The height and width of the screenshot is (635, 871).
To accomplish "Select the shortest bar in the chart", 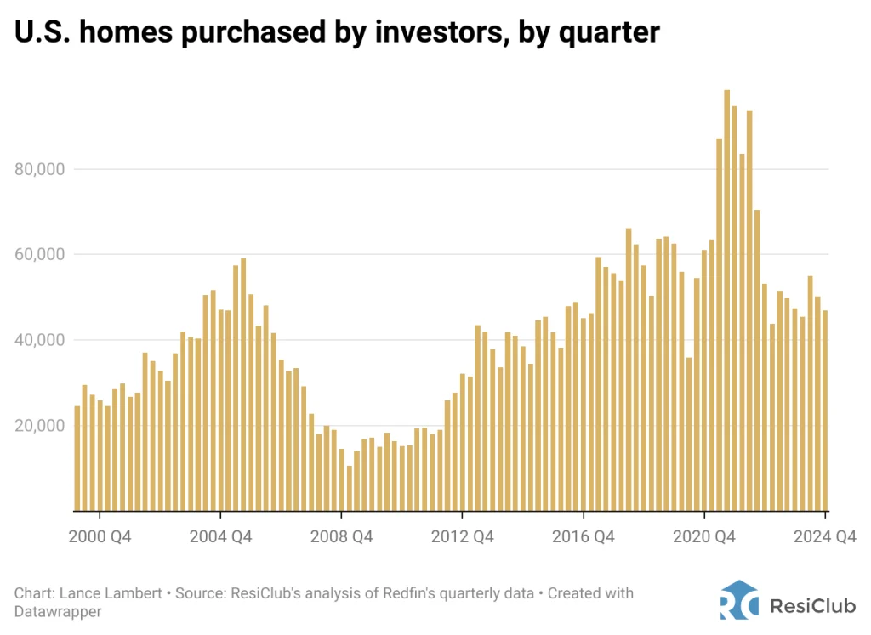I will point(349,488).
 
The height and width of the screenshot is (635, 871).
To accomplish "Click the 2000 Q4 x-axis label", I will point(100,536).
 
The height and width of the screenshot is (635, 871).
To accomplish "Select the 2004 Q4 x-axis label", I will point(220,536).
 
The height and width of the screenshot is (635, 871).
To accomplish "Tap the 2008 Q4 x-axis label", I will point(340,536).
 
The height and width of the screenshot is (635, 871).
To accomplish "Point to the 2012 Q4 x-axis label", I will point(461,536).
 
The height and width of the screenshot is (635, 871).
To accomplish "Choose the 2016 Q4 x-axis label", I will point(583,536).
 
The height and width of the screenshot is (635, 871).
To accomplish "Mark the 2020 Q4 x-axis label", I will point(703,536).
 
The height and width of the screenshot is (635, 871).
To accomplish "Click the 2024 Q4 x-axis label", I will point(824,536).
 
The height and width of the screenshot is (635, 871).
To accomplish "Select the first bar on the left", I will point(77,458).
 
